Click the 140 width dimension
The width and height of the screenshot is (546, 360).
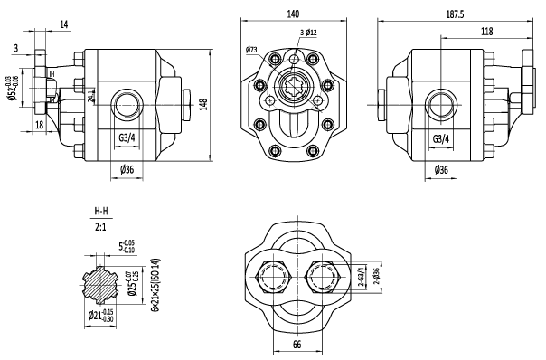[293, 14]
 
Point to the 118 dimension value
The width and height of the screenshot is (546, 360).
[485, 32]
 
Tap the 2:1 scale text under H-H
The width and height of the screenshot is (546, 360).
[102, 228]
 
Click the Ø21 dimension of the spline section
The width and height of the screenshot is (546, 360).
[107, 316]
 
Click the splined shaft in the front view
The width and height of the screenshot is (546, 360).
[293, 91]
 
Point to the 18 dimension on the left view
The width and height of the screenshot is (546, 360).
[40, 124]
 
